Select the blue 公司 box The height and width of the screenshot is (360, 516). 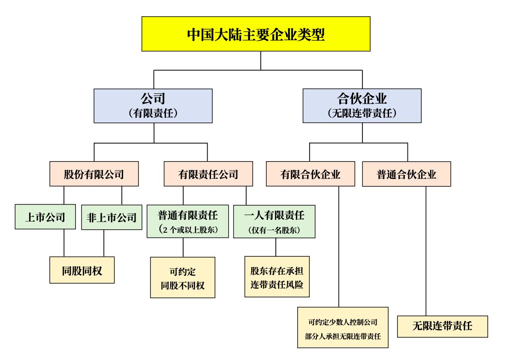(153, 106)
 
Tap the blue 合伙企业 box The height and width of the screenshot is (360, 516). (362, 106)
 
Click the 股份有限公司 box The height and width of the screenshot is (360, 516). (94, 174)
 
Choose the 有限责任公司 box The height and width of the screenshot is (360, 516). (208, 174)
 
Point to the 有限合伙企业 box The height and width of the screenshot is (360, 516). (311, 174)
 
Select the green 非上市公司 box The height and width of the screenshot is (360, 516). (111, 217)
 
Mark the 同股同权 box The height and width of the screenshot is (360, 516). (82, 270)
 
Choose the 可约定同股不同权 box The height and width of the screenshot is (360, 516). (182, 277)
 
